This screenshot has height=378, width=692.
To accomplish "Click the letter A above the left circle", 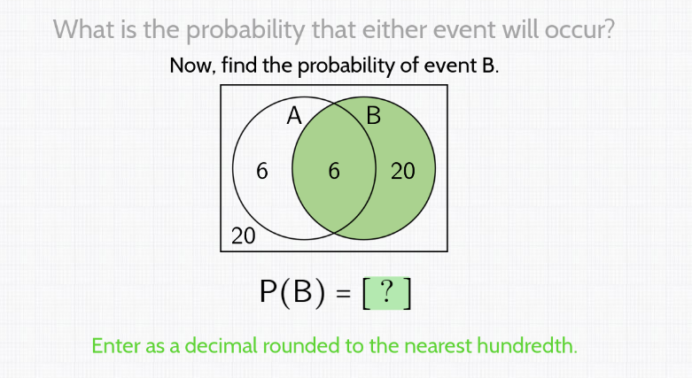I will [x=295, y=115].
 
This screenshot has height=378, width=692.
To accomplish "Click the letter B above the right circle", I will [x=373, y=116].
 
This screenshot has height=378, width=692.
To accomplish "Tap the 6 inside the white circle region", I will [x=260, y=171].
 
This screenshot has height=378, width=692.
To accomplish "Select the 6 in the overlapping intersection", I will [x=333, y=171].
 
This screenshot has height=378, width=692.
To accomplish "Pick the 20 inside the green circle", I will [x=402, y=171].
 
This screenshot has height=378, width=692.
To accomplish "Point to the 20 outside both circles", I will [x=243, y=235].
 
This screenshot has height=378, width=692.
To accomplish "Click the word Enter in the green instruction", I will [x=117, y=345].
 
